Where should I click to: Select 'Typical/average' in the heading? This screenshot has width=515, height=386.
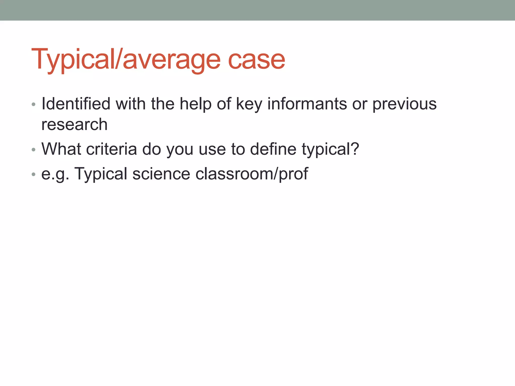tap(126, 60)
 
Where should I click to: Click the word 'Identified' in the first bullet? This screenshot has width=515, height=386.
tap(76, 104)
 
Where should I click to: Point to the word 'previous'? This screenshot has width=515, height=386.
tap(404, 104)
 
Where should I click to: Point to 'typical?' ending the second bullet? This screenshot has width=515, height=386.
tap(330, 149)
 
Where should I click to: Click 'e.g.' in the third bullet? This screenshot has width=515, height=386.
tap(55, 174)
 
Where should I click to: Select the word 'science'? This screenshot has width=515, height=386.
tap(161, 174)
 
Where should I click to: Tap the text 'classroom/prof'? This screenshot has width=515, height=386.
tap(251, 174)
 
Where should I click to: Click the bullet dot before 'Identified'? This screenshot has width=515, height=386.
tap(33, 105)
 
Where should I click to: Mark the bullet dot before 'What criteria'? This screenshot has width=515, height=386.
tap(33, 150)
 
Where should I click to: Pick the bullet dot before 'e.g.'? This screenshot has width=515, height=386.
tap(33, 174)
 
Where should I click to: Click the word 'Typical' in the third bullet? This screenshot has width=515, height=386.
tap(101, 174)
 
